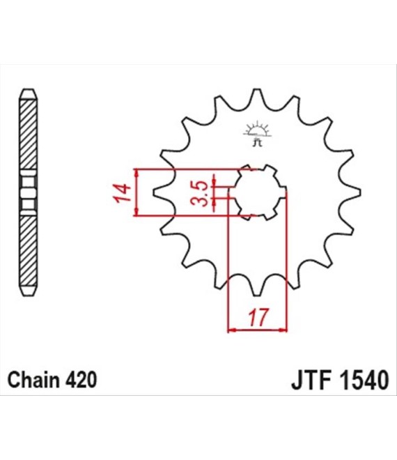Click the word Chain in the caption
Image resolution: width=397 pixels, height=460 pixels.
[34, 380]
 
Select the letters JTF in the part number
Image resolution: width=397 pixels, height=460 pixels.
[311, 381]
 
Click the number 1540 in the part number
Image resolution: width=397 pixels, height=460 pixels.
[364, 381]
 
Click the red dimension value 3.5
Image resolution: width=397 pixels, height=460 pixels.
[199, 193]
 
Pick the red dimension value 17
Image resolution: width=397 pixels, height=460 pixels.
[258, 317]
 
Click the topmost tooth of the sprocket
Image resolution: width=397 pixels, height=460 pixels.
[257, 95]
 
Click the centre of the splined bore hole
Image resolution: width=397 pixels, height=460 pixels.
[258, 192]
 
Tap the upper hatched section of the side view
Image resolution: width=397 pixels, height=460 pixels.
[29, 135]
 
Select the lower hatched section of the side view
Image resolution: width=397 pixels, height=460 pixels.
[29, 251]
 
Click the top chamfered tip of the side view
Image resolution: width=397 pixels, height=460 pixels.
[29, 94]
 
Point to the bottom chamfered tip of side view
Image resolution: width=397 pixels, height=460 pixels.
[29, 291]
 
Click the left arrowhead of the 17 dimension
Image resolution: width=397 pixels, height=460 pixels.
[232, 330]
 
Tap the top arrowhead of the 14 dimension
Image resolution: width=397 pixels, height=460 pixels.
[136, 173]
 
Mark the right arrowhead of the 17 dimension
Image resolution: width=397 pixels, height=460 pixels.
[283, 330]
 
